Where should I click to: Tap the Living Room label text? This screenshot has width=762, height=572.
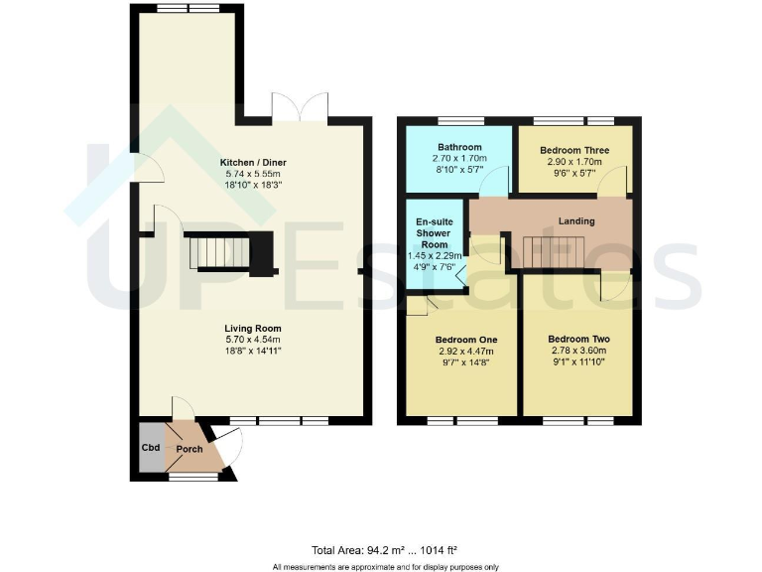(252, 329)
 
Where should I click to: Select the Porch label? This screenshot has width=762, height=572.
(190, 449)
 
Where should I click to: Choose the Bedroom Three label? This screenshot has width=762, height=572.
(574, 151)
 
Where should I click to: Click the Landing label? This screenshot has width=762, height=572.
(576, 220)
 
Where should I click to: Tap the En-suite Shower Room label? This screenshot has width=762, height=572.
(433, 233)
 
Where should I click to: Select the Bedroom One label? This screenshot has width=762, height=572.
(458, 339)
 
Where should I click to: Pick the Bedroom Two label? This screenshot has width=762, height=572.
(578, 339)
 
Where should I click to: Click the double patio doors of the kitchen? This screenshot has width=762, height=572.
(302, 107)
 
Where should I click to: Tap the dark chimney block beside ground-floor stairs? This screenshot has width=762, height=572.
(263, 253)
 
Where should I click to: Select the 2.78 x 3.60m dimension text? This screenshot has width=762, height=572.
(578, 352)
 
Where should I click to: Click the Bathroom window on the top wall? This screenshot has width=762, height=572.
(459, 121)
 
